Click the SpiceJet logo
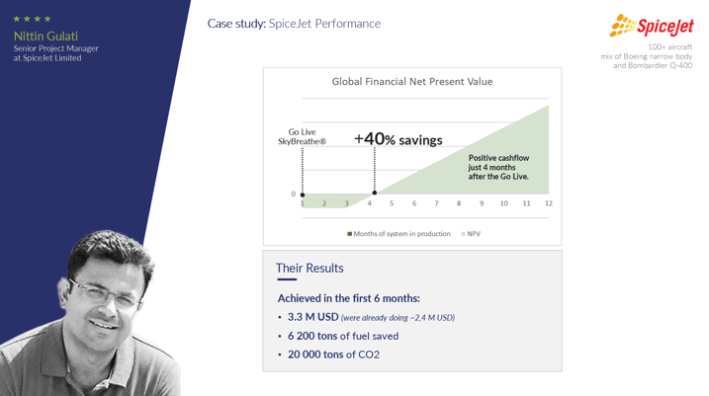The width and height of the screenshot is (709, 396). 651,26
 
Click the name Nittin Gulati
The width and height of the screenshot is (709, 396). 45,37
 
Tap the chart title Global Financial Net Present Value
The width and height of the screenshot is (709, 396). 412,82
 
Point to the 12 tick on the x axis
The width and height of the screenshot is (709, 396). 549,203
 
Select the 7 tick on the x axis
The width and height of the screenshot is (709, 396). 436,203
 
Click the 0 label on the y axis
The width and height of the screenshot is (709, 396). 294,195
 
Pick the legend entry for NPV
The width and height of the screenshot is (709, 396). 471,234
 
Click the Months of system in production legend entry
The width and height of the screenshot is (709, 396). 399,234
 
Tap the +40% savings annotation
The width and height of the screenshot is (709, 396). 398,139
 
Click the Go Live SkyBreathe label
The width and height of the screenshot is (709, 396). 302,136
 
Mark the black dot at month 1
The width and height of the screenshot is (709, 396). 303,195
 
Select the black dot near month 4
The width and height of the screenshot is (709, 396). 375,193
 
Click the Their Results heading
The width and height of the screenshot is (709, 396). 310,269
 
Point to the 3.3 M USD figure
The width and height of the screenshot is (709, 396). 312,317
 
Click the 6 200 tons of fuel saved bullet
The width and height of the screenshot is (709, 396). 343,336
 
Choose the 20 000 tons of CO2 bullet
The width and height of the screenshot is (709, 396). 333,355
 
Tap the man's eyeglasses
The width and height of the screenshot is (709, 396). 106,292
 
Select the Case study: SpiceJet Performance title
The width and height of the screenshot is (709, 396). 294,24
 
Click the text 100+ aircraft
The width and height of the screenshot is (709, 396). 669,47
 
